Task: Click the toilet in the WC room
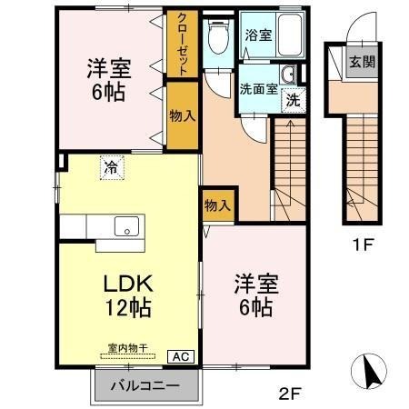click(x=217, y=37)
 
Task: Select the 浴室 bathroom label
click(x=258, y=35)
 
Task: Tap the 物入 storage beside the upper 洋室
click(x=182, y=116)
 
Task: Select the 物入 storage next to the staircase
click(x=217, y=205)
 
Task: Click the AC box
click(x=180, y=356)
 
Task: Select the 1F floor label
click(x=364, y=243)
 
